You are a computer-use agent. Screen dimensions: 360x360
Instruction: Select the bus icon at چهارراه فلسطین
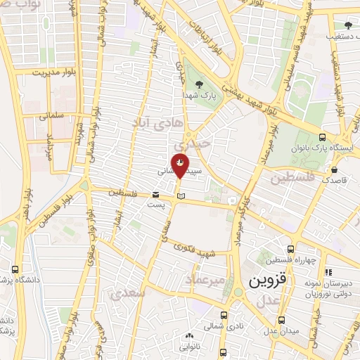[x=290, y=249]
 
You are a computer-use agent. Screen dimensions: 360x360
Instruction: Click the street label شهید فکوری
[x=215, y=252]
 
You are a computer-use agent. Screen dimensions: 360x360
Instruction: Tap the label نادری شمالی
[x=219, y=326]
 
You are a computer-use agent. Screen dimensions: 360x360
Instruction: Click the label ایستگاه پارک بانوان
[x=327, y=149]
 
